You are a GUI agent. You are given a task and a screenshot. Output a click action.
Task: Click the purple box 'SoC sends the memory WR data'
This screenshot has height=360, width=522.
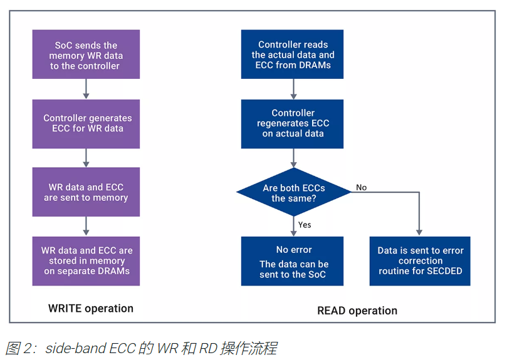pos(86,55)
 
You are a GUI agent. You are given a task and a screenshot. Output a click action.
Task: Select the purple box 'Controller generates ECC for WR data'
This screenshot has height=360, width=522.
pos(86,123)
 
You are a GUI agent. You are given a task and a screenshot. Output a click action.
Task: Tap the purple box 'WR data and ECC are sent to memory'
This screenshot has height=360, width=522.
pos(86,192)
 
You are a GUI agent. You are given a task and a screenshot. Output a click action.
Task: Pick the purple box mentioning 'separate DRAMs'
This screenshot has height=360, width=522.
pos(86,260)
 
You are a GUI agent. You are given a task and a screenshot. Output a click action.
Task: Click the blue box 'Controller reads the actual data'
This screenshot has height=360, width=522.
pos(293,55)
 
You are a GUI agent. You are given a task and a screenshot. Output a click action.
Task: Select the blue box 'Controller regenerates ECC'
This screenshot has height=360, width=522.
pos(293,123)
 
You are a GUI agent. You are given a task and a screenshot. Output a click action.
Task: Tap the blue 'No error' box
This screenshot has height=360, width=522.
pos(293,261)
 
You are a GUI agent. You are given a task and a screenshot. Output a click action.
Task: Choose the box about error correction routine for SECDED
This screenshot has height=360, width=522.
pos(420,261)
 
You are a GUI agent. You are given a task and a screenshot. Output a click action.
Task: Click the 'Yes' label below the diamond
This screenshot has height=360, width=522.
pos(305,225)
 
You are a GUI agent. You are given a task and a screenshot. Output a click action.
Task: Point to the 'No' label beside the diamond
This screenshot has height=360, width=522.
pos(362,187)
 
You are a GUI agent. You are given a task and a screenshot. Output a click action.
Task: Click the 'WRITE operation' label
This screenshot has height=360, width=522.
pos(91,308)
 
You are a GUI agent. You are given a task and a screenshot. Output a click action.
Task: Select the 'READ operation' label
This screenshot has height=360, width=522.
pos(357,311)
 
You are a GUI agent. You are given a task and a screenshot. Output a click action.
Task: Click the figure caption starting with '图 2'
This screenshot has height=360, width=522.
pos(141,348)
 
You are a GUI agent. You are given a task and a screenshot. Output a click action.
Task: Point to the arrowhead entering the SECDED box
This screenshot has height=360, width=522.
pos(420,232)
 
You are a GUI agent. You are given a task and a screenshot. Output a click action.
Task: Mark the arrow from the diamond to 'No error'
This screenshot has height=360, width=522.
pos(293,226)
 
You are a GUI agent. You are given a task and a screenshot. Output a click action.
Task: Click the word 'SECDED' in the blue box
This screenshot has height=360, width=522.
pos(446,271)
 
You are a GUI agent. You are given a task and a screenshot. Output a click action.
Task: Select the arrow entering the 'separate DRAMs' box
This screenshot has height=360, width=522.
pos(86,226)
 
